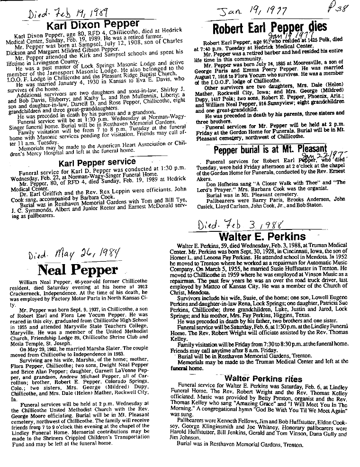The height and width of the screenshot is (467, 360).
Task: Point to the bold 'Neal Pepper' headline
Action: pyautogui.click(x=78, y=270)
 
